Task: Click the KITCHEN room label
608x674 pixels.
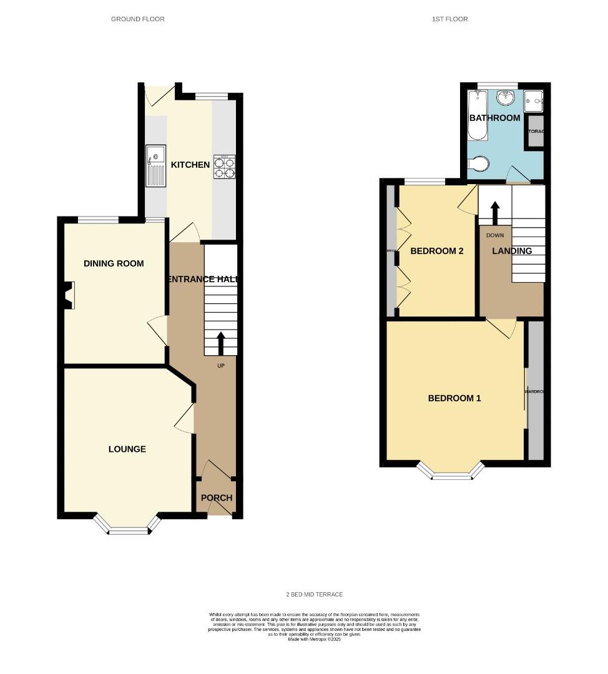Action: click(x=190, y=165)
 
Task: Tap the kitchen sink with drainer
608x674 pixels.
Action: click(x=155, y=165)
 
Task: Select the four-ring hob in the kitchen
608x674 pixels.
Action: click(x=225, y=167)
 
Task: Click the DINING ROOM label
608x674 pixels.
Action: click(x=114, y=263)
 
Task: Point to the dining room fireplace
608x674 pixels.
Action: click(x=68, y=295)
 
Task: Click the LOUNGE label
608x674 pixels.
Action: click(x=127, y=449)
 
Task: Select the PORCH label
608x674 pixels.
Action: click(x=216, y=498)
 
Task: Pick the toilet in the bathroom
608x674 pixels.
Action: click(x=479, y=164)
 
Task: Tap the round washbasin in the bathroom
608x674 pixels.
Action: click(x=506, y=97)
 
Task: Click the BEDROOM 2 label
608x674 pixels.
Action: click(x=436, y=251)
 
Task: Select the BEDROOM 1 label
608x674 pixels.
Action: click(x=454, y=398)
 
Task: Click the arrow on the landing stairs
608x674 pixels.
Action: click(x=494, y=212)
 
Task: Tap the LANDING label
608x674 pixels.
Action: click(x=512, y=251)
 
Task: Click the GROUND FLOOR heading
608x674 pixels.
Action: click(x=137, y=19)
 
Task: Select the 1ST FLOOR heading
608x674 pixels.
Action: click(x=449, y=19)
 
